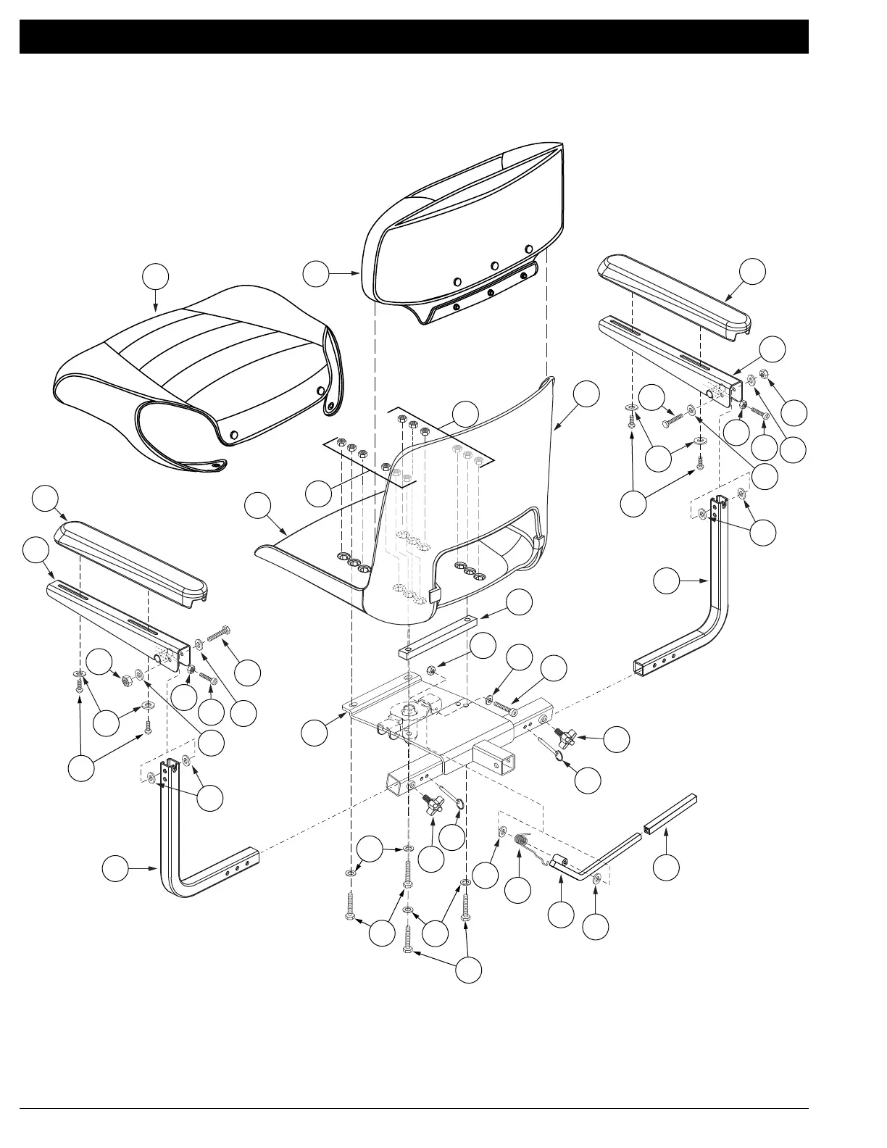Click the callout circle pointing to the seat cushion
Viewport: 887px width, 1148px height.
tap(156, 277)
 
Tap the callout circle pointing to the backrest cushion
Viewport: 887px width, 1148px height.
tap(315, 273)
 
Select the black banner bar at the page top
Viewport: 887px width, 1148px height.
tap(414, 36)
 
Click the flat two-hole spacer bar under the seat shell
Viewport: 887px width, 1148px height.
tap(437, 636)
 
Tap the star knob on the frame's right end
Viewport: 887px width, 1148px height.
tap(565, 737)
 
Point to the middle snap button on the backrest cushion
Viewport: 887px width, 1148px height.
tap(494, 266)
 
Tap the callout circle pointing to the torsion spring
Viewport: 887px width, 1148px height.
tap(517, 890)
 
